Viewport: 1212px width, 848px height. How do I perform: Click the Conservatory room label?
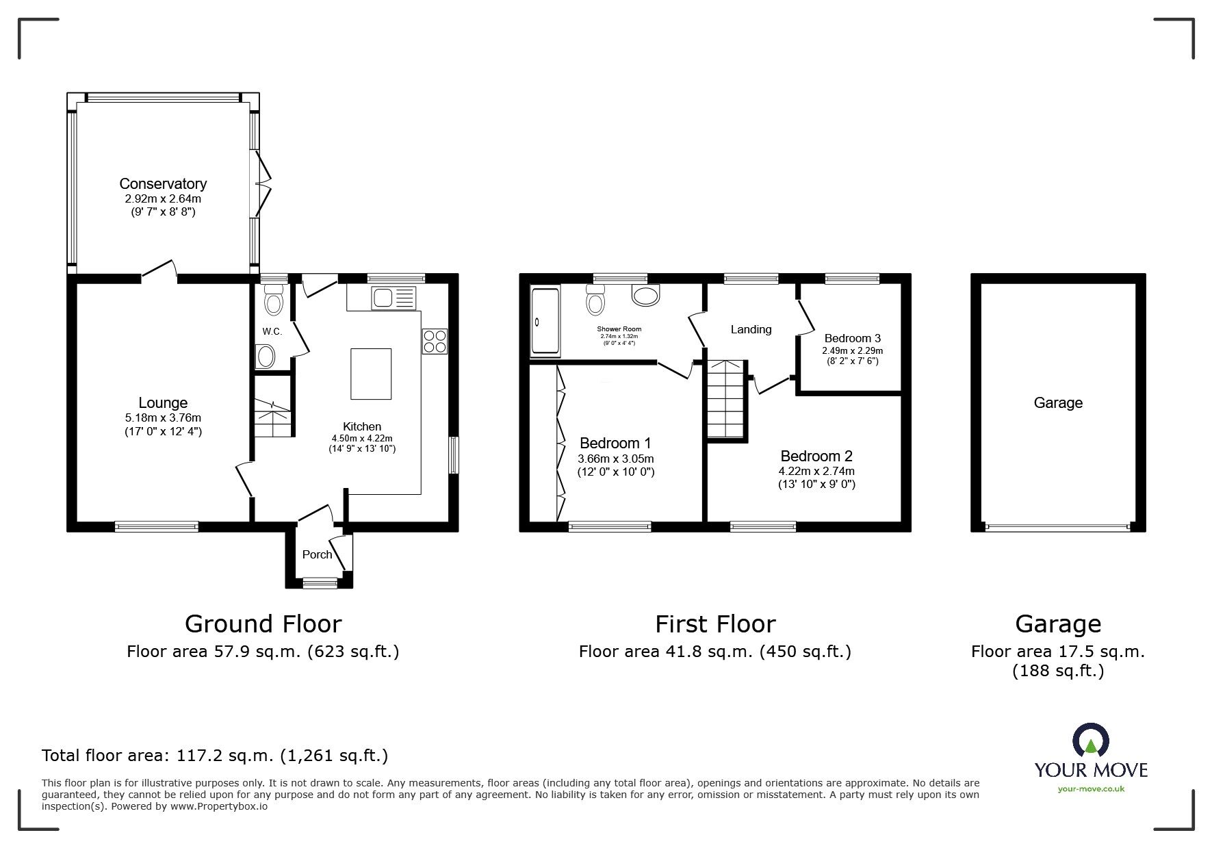pyautogui.click(x=163, y=183)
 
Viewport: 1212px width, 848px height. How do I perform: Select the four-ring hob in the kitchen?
pyautogui.click(x=435, y=341)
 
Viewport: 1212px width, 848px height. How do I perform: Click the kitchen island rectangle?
pyautogui.click(x=371, y=374)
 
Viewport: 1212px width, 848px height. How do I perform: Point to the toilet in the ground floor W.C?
pyautogui.click(x=274, y=301)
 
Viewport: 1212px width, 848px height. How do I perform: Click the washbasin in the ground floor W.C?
pyautogui.click(x=265, y=357)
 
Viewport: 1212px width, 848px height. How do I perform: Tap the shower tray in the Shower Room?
pyautogui.click(x=545, y=321)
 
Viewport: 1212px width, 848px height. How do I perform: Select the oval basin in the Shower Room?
pyautogui.click(x=645, y=296)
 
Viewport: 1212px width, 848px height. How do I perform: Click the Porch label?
pyautogui.click(x=317, y=554)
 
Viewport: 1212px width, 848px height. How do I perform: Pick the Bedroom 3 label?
pyautogui.click(x=852, y=338)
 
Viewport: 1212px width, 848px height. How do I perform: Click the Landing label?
pyautogui.click(x=751, y=329)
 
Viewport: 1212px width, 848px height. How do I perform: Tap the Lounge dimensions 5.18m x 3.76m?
pyautogui.click(x=163, y=417)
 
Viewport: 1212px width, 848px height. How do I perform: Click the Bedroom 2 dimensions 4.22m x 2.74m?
pyautogui.click(x=816, y=471)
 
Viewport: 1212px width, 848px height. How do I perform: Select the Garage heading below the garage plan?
pyautogui.click(x=1057, y=624)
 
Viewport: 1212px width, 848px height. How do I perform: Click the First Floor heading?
pyautogui.click(x=715, y=624)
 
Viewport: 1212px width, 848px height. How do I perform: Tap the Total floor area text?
pyautogui.click(x=215, y=756)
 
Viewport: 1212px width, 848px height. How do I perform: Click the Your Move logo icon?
pyautogui.click(x=1090, y=741)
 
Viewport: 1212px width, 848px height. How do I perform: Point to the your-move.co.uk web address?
pyautogui.click(x=1091, y=789)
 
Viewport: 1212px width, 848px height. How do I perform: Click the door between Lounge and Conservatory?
pyautogui.click(x=159, y=270)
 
